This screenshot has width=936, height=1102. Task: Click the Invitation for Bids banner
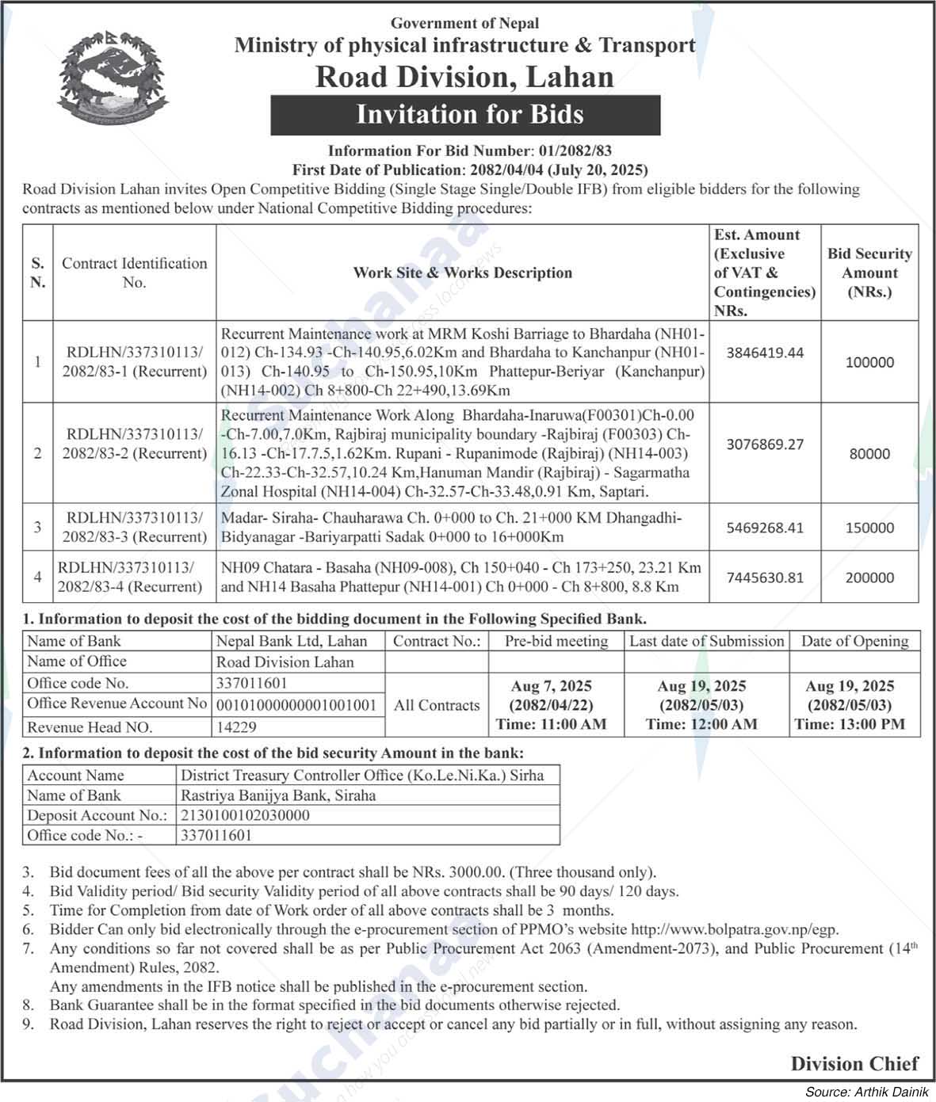coord(465,115)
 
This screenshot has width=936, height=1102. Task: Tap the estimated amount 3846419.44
coord(765,353)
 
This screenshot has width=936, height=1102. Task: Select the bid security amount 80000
coord(869,454)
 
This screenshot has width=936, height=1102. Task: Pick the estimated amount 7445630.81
coord(765,578)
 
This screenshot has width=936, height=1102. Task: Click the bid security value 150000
coord(869,528)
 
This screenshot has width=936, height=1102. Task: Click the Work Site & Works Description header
coord(462,273)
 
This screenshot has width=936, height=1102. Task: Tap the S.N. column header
coord(37,273)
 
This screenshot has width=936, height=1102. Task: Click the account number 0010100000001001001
coord(296,704)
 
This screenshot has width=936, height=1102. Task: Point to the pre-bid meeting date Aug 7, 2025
coord(551,686)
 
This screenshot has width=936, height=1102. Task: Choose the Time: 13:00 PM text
coord(850,724)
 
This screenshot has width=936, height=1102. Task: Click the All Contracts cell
coord(437,705)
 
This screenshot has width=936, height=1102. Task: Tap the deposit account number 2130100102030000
coord(245,815)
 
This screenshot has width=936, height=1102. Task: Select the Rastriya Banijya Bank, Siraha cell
coord(278,795)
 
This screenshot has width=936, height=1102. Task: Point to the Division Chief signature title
coord(854,1064)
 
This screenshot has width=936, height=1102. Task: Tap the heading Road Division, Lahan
coord(464,77)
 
